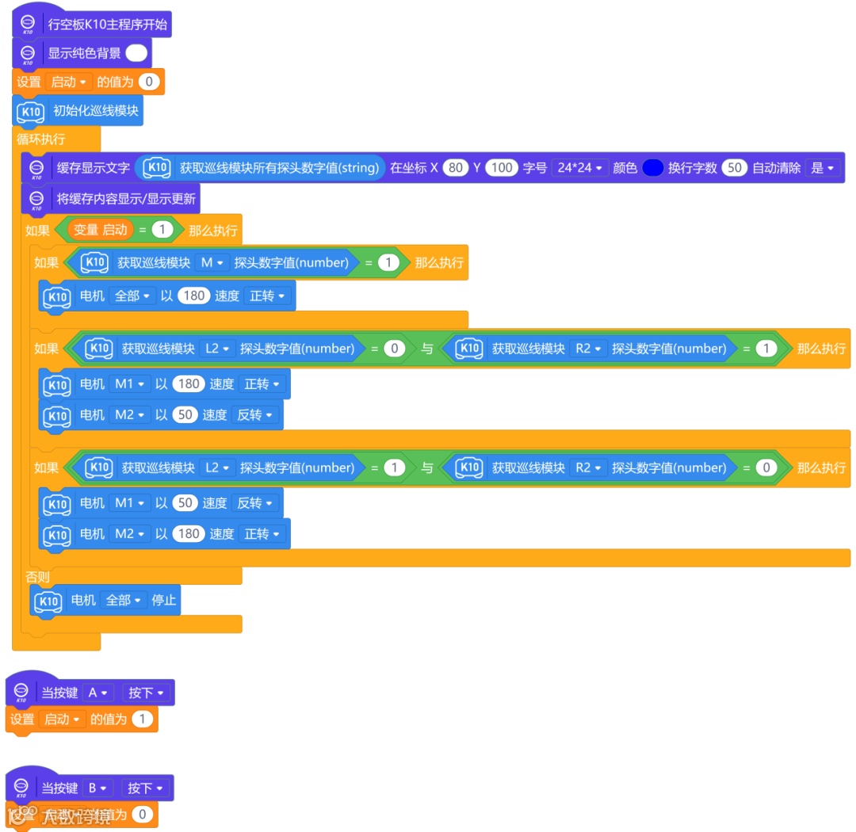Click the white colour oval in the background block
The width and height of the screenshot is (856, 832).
pyautogui.click(x=136, y=53)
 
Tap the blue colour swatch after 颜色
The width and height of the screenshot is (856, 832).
pyautogui.click(x=652, y=168)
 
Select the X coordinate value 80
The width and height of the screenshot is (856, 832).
pyautogui.click(x=455, y=168)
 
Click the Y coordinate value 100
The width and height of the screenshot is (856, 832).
pyautogui.click(x=501, y=168)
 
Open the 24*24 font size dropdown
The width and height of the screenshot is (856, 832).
pyautogui.click(x=579, y=168)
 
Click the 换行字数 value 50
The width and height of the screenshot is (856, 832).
pyautogui.click(x=735, y=168)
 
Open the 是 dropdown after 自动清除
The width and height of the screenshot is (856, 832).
pyautogui.click(x=820, y=168)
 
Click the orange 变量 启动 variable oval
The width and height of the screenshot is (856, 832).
pyautogui.click(x=100, y=230)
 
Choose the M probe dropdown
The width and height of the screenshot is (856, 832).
pyautogui.click(x=212, y=262)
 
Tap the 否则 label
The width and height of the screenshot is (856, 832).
pyautogui.click(x=37, y=577)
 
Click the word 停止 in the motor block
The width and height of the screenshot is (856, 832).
pyautogui.click(x=164, y=601)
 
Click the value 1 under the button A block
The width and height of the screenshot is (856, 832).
pyautogui.click(x=142, y=719)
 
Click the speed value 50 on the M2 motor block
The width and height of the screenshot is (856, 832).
pyautogui.click(x=184, y=415)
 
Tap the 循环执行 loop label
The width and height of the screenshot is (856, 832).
pyautogui.click(x=41, y=139)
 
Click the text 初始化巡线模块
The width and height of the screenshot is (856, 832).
pyautogui.click(x=95, y=111)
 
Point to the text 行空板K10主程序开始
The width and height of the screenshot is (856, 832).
pyautogui.click(x=108, y=24)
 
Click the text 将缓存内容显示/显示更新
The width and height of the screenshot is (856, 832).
pyautogui.click(x=126, y=199)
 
